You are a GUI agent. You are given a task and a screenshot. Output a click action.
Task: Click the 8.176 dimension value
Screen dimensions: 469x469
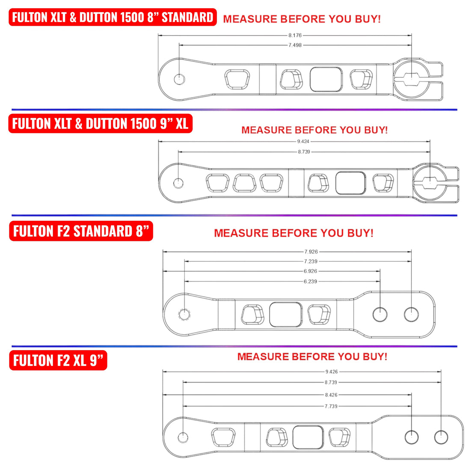(x=295, y=36)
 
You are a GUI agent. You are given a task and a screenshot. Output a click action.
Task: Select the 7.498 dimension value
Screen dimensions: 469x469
(x=295, y=45)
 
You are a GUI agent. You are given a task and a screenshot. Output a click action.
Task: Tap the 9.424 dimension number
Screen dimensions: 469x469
(x=303, y=141)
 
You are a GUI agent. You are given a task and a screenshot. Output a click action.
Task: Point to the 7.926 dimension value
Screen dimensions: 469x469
(x=311, y=252)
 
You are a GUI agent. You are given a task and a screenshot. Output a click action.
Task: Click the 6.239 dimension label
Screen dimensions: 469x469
(x=311, y=282)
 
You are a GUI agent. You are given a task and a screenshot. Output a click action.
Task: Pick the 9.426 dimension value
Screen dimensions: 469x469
(x=331, y=372)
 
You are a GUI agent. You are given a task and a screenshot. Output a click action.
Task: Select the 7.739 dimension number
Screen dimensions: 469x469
(x=331, y=406)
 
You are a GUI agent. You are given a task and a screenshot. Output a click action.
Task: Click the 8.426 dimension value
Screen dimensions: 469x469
(x=331, y=395)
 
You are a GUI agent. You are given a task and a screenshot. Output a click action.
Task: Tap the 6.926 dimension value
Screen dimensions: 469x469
(x=311, y=271)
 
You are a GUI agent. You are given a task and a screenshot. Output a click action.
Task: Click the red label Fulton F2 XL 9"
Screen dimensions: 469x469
(x=58, y=360)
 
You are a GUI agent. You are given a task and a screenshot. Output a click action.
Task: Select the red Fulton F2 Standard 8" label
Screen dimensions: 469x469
(x=81, y=231)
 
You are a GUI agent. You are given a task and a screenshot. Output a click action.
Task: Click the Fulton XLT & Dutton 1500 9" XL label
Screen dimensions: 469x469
(x=100, y=124)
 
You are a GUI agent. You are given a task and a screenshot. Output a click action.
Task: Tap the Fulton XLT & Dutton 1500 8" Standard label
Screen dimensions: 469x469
(x=113, y=17)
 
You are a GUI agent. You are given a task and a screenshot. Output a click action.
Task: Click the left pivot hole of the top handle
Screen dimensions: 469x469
(x=179, y=79)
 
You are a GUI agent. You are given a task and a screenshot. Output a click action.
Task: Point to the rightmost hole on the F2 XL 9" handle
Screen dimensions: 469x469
(x=441, y=437)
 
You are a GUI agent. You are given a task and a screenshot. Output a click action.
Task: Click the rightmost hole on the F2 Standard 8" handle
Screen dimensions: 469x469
(x=411, y=314)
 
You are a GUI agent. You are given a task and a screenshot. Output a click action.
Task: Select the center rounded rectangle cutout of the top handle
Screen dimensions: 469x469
(x=326, y=79)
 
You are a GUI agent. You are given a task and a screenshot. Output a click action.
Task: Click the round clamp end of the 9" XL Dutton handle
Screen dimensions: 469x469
(x=429, y=183)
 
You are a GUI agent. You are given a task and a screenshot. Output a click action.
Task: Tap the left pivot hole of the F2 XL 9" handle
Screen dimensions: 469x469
(x=183, y=437)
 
